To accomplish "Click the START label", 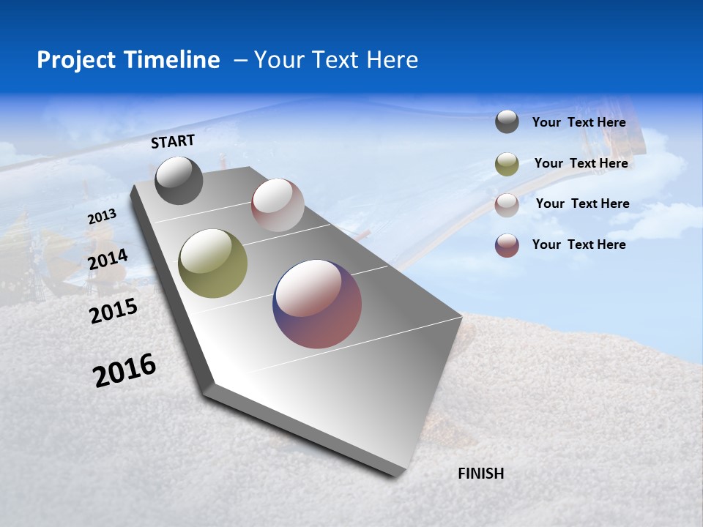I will pyautogui.click(x=173, y=141).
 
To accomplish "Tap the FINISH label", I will pyautogui.click(x=481, y=474).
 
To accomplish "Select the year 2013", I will pyautogui.click(x=102, y=217).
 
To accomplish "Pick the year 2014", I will pyautogui.click(x=108, y=259).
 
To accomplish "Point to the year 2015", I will pyautogui.click(x=114, y=311).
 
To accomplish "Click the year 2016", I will pyautogui.click(x=124, y=370).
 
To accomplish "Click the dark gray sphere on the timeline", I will pyautogui.click(x=179, y=181).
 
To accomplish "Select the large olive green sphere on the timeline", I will pyautogui.click(x=213, y=263).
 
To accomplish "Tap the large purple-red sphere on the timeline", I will pyautogui.click(x=317, y=304).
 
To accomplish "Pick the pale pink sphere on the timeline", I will pyautogui.click(x=278, y=205).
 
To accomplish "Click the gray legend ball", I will pyautogui.click(x=507, y=122).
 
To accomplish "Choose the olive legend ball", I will pyautogui.click(x=507, y=164).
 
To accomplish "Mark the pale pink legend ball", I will pyautogui.click(x=507, y=205).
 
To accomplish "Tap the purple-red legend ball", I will pyautogui.click(x=507, y=245).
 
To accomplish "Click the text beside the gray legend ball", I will pyautogui.click(x=579, y=122).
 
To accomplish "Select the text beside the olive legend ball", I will pyautogui.click(x=581, y=163).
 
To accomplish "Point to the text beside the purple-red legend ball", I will pyautogui.click(x=579, y=244).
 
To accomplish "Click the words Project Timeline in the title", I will pyautogui.click(x=128, y=60).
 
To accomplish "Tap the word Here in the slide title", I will pyautogui.click(x=393, y=60).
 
